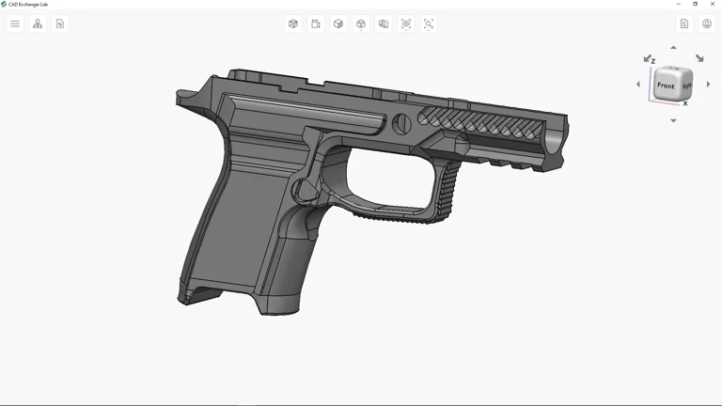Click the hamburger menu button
pos(15,23)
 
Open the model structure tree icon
pos(38,23)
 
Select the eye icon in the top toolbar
pos(406,23)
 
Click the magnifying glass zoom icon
pos(429,23)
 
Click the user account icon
pos(707,23)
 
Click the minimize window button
pos(679,4)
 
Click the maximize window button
pos(696,4)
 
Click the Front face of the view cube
pos(666,86)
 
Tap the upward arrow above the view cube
pos(673,47)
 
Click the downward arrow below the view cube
pos(673,120)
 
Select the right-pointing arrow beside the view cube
pos(708,85)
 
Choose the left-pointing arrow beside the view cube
pos(638,85)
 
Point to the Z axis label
pos(653,61)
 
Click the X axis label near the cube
pos(685,104)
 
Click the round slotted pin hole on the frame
pos(401,121)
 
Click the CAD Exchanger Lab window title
pos(28,4)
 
